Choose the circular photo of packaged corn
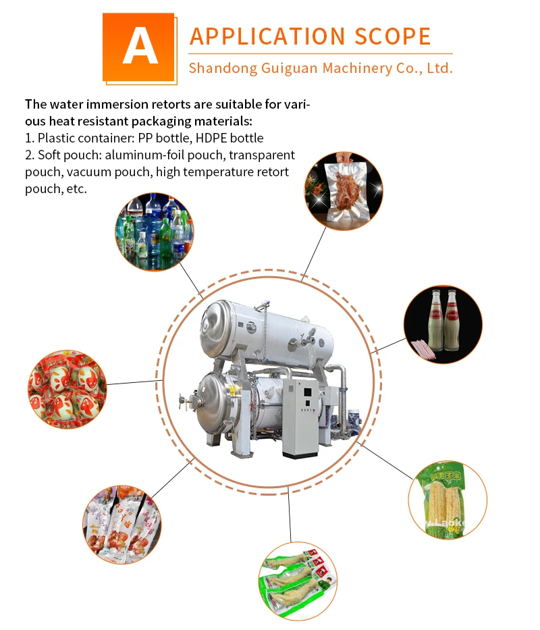448,500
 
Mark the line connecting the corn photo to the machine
387,462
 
